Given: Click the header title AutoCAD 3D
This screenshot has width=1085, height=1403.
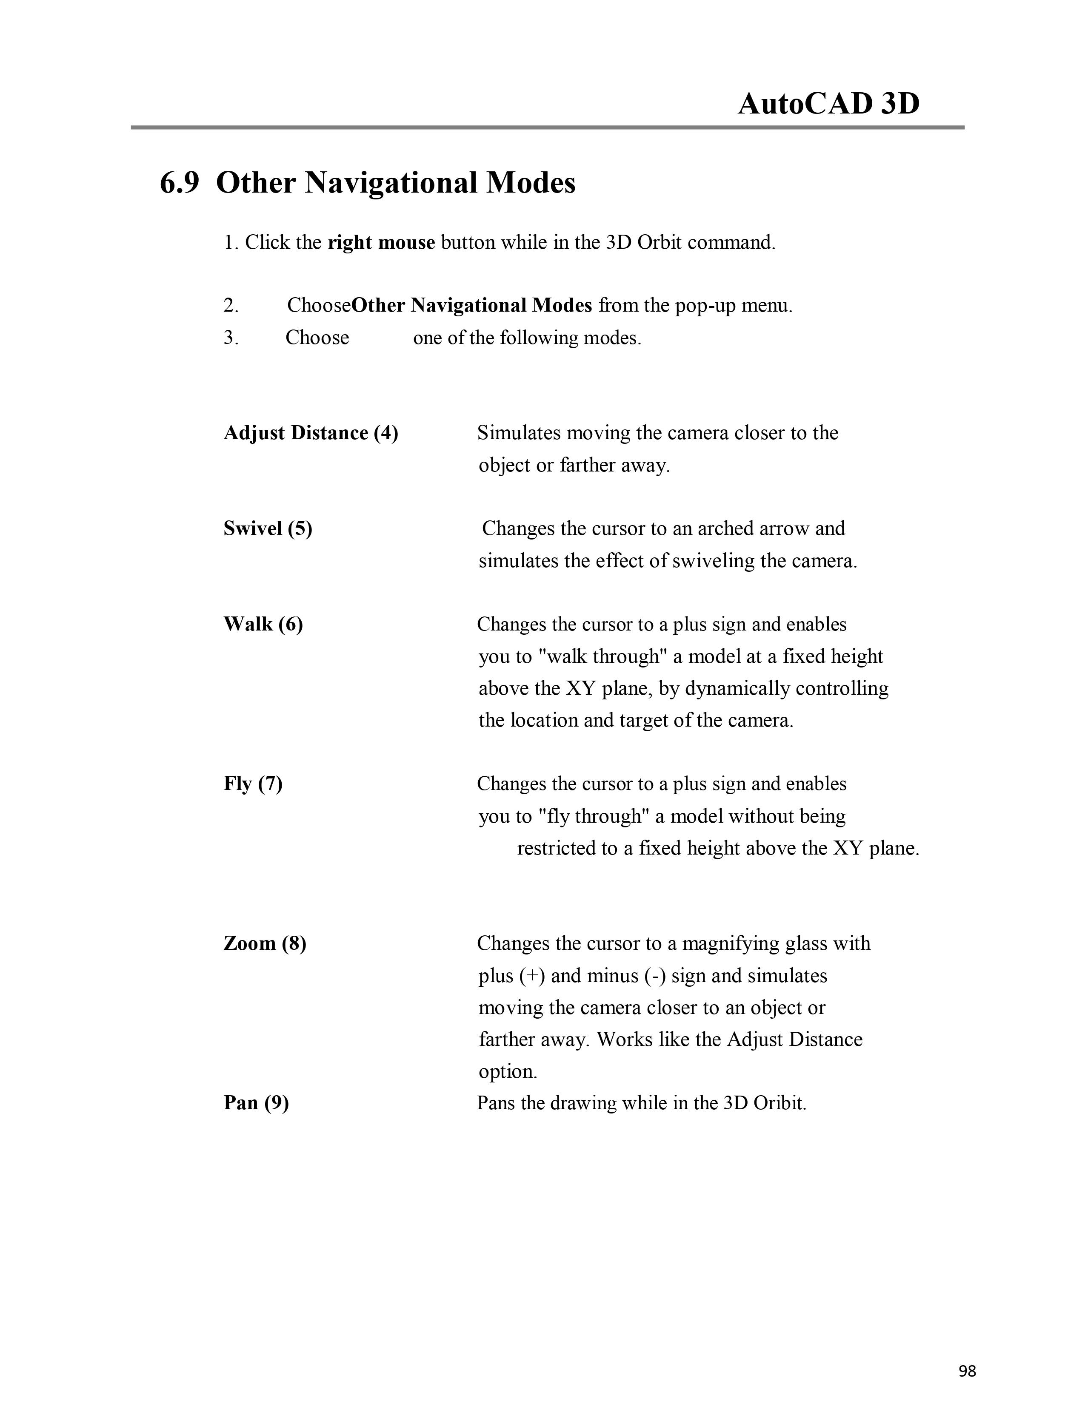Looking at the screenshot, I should (x=828, y=103).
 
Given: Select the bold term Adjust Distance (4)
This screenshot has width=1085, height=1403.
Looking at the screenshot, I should (x=311, y=433).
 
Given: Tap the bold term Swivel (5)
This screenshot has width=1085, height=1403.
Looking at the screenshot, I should (x=267, y=529).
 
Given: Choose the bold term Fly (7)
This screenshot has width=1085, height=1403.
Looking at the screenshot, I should (x=253, y=784).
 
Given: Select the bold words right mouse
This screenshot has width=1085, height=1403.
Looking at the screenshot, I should (x=381, y=243).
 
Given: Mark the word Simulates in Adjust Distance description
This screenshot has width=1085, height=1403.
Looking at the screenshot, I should (x=519, y=433).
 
